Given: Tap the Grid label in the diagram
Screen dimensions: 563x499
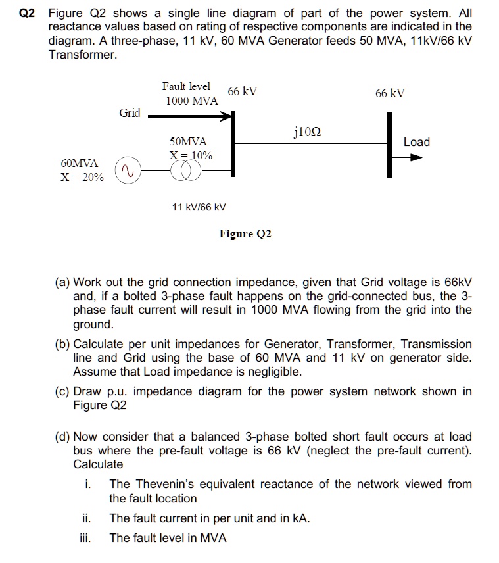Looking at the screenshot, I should coord(130,113).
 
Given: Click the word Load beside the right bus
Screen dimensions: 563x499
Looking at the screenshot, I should coord(416,142).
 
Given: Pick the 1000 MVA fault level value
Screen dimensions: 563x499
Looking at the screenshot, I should coord(191,101).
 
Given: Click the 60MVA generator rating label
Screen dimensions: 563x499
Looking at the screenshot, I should coord(79,162).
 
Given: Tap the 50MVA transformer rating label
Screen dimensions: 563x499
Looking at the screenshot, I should coord(188,141).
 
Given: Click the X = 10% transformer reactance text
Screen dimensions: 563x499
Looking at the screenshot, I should coord(191,155).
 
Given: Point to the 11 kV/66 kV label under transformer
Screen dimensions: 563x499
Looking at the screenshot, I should coord(199,207).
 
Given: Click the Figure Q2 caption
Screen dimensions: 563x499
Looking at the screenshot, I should coord(245,234).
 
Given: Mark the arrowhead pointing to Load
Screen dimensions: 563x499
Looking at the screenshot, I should coord(415,158).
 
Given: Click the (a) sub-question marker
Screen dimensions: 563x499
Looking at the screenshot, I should coord(63,281).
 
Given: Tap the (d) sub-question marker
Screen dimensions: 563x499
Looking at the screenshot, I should coord(63,437).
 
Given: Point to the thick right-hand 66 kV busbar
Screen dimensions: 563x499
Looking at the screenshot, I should coord(391,143).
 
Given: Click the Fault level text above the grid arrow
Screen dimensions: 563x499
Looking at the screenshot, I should coord(186,86).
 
